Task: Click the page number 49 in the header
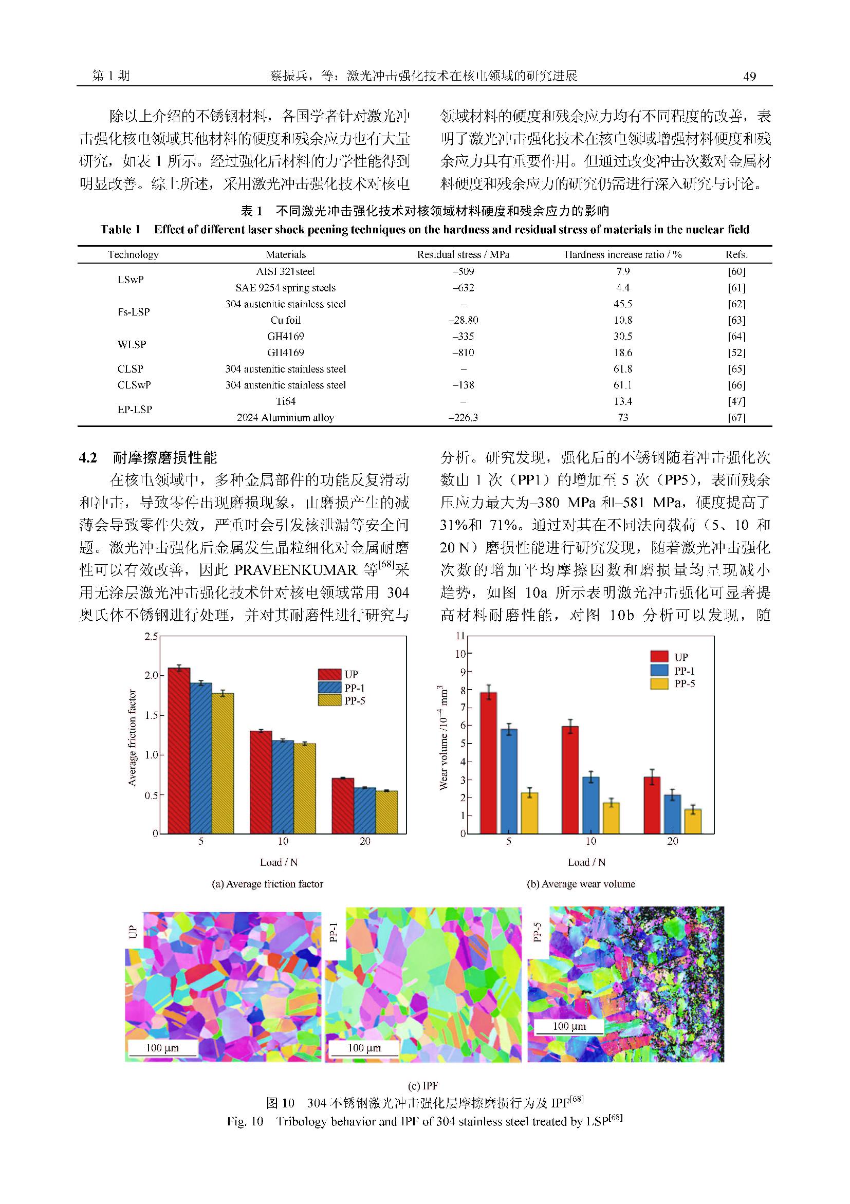coord(750,77)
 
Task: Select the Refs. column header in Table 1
coord(736,255)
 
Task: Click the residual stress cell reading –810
coord(463,353)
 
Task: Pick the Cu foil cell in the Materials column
coord(286,320)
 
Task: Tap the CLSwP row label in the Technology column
coord(134,385)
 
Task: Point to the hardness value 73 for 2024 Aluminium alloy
coord(622,417)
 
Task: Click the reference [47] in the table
coord(736,401)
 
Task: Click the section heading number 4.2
coord(88,458)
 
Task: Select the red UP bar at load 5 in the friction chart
coord(179,750)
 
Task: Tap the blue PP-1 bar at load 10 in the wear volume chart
coord(590,805)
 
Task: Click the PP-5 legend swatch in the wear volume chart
coord(659,684)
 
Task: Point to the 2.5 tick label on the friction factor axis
coord(151,637)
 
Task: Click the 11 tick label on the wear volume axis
coord(460,636)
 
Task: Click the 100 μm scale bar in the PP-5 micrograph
coord(569,1026)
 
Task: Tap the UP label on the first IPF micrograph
coord(133,931)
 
